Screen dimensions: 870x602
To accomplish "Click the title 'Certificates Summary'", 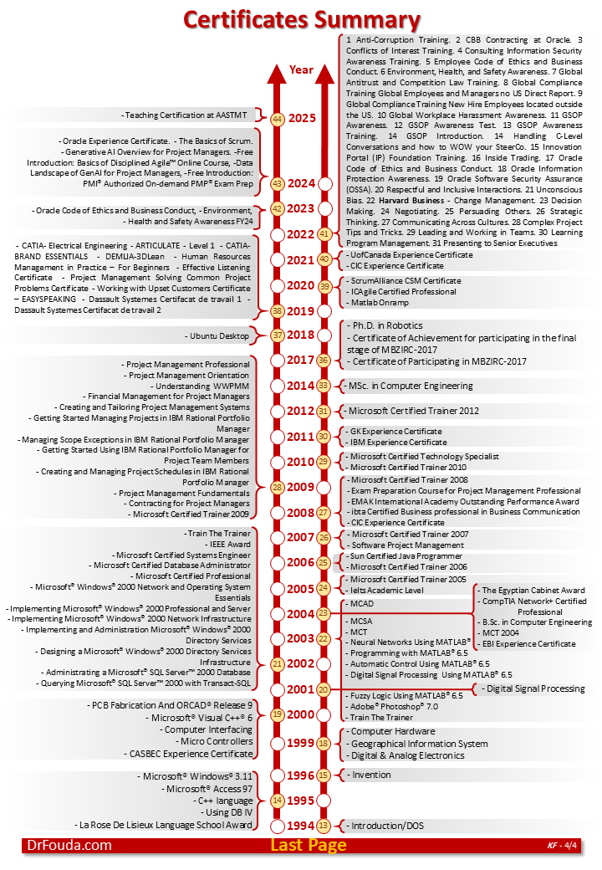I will (x=300, y=19).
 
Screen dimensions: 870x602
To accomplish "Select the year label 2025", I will (x=301, y=118).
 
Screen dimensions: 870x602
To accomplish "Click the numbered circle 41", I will (x=324, y=234).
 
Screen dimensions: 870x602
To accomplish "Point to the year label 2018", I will (x=301, y=335).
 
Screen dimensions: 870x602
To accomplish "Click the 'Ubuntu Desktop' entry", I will (x=221, y=335).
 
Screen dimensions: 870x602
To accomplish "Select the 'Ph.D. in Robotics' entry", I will (x=387, y=325).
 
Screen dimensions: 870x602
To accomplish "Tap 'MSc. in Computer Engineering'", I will (x=411, y=386).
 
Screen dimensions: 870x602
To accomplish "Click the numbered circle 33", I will (x=324, y=386).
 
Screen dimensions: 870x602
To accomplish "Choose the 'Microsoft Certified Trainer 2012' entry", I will (x=414, y=411).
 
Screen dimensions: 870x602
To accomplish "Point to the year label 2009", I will (x=301, y=487).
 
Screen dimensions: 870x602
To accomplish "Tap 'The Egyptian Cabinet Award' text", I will (x=533, y=591).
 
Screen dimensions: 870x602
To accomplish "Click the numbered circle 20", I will (x=324, y=689).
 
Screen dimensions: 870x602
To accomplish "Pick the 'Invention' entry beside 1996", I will (x=371, y=775).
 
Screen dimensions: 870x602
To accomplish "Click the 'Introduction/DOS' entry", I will (x=387, y=826).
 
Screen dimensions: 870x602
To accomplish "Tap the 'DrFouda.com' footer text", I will (x=68, y=845).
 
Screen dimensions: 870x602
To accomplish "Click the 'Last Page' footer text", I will (x=308, y=845).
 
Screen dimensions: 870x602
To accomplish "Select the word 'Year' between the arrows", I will (x=301, y=69).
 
